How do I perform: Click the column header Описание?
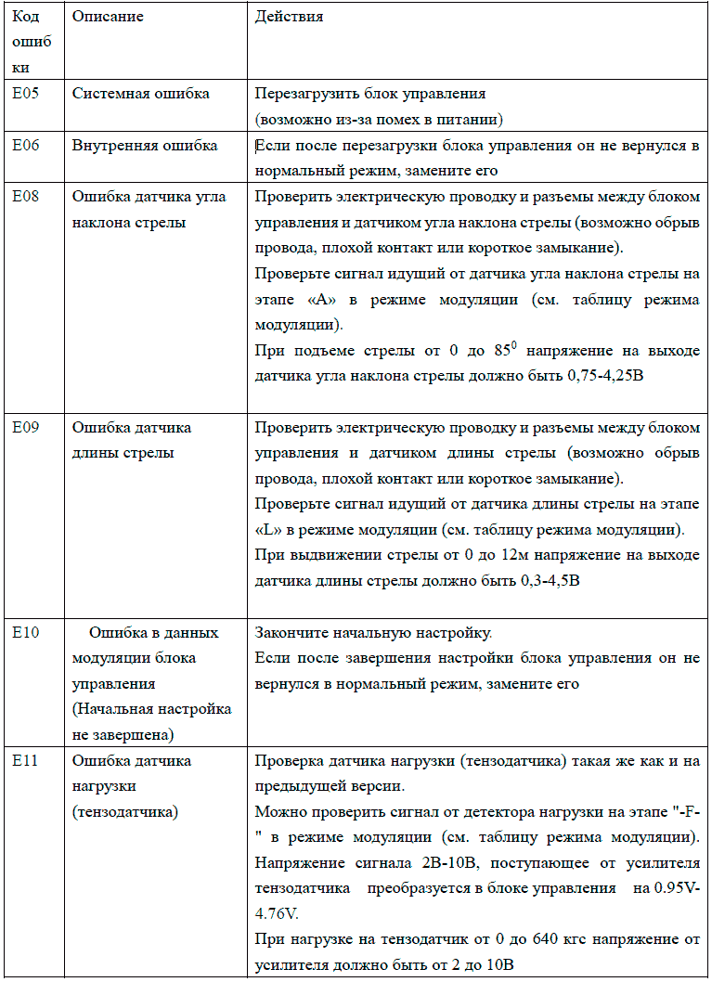pyautogui.click(x=107, y=18)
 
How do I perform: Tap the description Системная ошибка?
pyautogui.click(x=140, y=94)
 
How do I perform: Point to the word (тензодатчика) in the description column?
pyautogui.click(x=125, y=811)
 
